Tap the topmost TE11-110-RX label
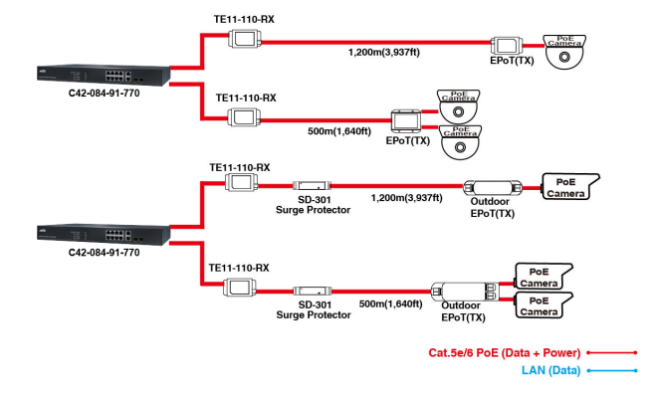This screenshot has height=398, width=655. (x=245, y=19)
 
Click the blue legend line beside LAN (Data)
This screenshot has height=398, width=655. (x=611, y=370)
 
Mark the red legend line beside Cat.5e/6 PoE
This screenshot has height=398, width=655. (x=611, y=352)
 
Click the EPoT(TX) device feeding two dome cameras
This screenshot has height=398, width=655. (x=407, y=121)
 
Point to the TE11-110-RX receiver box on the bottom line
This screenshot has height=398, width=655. (x=239, y=289)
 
